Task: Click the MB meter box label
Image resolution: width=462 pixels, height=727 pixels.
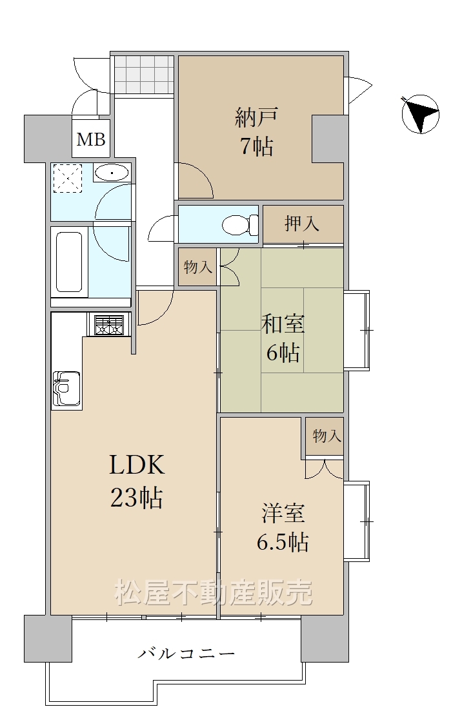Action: point(91,139)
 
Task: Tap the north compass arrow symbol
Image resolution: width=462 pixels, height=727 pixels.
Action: point(421,114)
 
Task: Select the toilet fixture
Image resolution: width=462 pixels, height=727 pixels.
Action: point(241,225)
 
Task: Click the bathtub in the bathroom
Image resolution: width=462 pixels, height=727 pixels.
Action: point(69,262)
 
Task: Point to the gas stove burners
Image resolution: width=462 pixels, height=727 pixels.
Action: point(109,325)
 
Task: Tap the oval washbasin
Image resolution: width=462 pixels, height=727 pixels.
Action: point(112,174)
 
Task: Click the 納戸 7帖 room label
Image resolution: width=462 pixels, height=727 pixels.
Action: point(256,131)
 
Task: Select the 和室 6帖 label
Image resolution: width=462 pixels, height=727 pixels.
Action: point(283,338)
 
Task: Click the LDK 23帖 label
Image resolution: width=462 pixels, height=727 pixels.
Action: point(137,481)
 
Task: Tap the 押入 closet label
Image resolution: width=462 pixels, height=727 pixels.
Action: point(302,224)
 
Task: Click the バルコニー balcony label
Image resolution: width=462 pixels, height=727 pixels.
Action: point(186,654)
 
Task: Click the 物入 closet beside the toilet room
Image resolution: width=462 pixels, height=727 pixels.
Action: point(198,267)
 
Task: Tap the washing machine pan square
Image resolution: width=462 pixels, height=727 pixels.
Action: point(68,178)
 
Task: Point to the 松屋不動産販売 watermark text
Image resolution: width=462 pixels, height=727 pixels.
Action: point(214,592)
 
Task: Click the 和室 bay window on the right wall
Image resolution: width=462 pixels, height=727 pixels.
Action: point(357,330)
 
